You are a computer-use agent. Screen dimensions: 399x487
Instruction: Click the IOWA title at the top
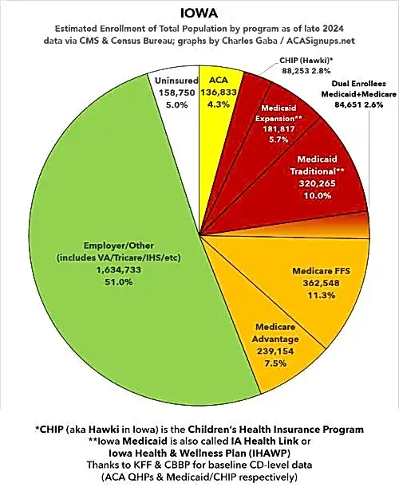199,14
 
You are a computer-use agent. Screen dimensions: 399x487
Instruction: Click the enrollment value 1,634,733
118,270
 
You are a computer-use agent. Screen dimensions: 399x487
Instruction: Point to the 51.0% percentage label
118,282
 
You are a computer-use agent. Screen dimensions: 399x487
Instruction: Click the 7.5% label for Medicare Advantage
275,363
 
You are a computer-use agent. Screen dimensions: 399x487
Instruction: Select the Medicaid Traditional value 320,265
318,183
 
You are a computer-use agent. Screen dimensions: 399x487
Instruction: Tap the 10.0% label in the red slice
318,195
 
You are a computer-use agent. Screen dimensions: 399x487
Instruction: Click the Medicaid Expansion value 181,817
279,129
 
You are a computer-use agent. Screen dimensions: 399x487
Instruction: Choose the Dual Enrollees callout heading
358,84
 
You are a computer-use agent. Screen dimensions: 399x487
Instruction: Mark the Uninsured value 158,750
177,92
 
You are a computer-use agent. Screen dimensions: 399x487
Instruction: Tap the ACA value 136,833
219,92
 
